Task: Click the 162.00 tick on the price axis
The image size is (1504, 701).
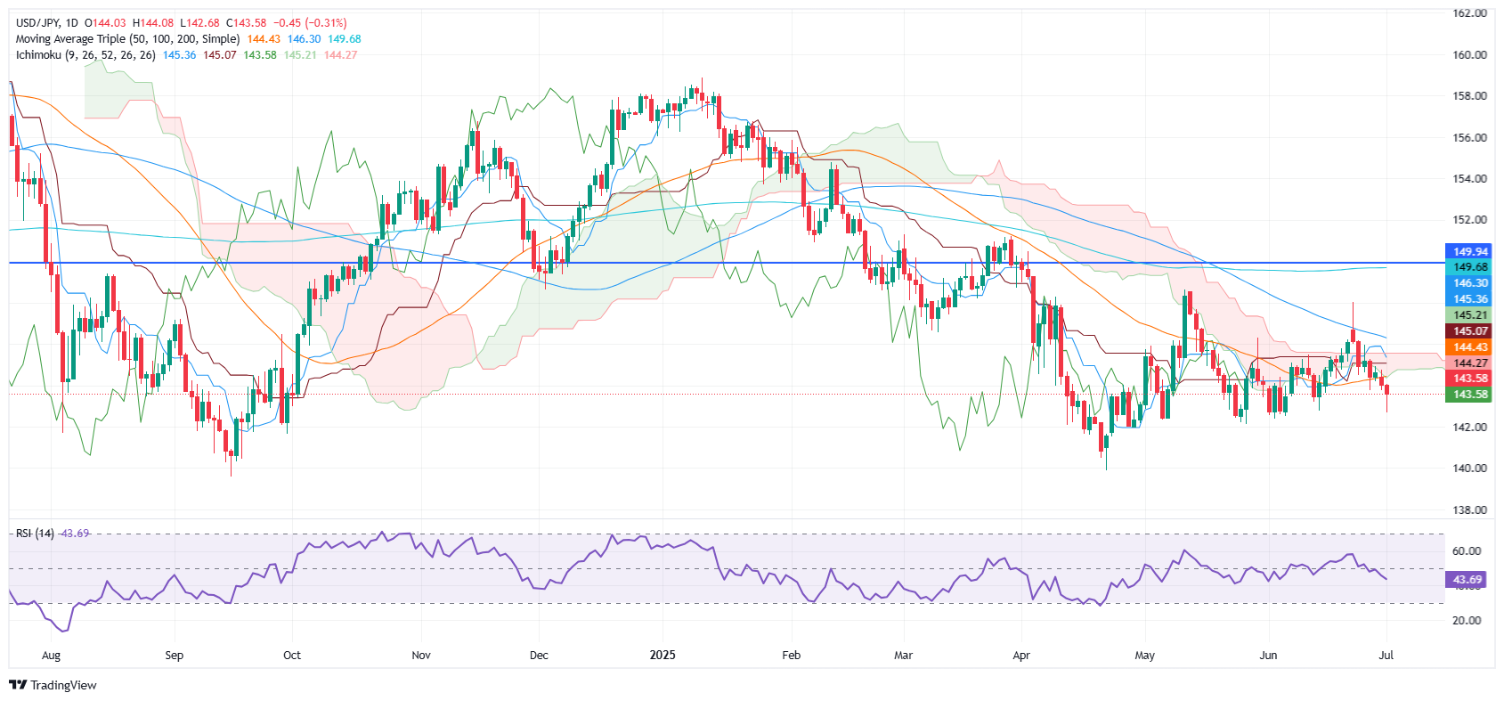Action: point(1469,13)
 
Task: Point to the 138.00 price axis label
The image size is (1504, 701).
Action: point(1469,509)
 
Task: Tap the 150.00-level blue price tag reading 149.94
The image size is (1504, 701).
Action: point(1470,251)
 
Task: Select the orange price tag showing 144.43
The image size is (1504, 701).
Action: point(1470,347)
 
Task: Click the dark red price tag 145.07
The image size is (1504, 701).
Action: point(1470,331)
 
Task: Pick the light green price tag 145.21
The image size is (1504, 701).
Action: point(1470,315)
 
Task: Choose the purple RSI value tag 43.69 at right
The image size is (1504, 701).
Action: point(1467,580)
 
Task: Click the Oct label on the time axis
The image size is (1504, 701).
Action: point(292,656)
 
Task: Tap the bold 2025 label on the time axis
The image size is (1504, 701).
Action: point(663,656)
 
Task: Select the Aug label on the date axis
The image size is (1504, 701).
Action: point(52,656)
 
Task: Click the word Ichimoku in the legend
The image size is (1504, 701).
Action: point(38,55)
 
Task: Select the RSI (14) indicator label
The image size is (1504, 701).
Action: point(35,534)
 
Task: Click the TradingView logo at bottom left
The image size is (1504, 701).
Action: point(53,685)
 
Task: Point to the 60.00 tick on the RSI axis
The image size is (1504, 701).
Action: point(1467,551)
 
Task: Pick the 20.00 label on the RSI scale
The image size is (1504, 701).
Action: point(1467,621)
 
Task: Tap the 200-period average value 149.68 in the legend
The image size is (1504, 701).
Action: point(345,39)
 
